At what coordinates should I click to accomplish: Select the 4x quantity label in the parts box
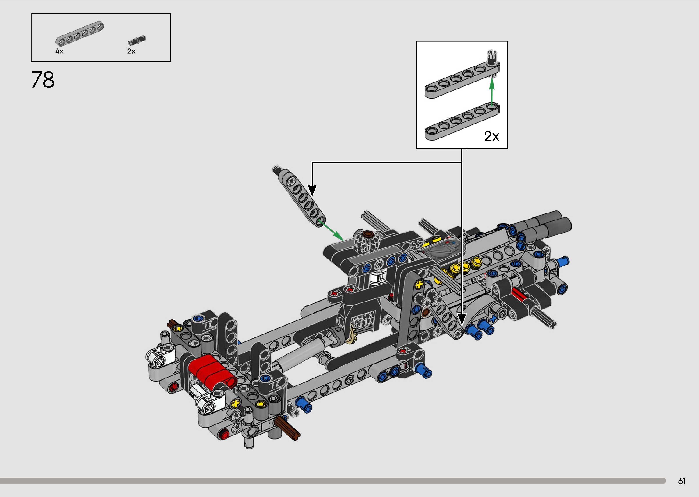click(59, 51)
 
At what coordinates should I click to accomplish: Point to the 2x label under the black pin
click(131, 51)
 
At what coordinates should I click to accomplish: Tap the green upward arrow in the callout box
click(492, 92)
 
